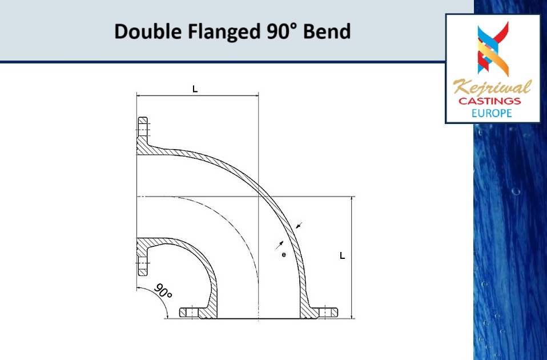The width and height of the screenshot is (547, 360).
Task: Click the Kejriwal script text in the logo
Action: pyautogui.click(x=492, y=88)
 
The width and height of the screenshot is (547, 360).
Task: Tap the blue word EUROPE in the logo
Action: pyautogui.click(x=492, y=113)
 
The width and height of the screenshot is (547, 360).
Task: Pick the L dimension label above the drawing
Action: pyautogui.click(x=195, y=89)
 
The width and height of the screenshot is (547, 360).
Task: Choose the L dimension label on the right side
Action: pyautogui.click(x=342, y=256)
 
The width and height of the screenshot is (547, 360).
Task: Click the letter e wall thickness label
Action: pyautogui.click(x=284, y=254)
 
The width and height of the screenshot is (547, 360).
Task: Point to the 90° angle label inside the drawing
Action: pyautogui.click(x=163, y=293)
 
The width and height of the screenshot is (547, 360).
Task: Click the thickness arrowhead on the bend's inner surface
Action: pyautogui.click(x=279, y=244)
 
